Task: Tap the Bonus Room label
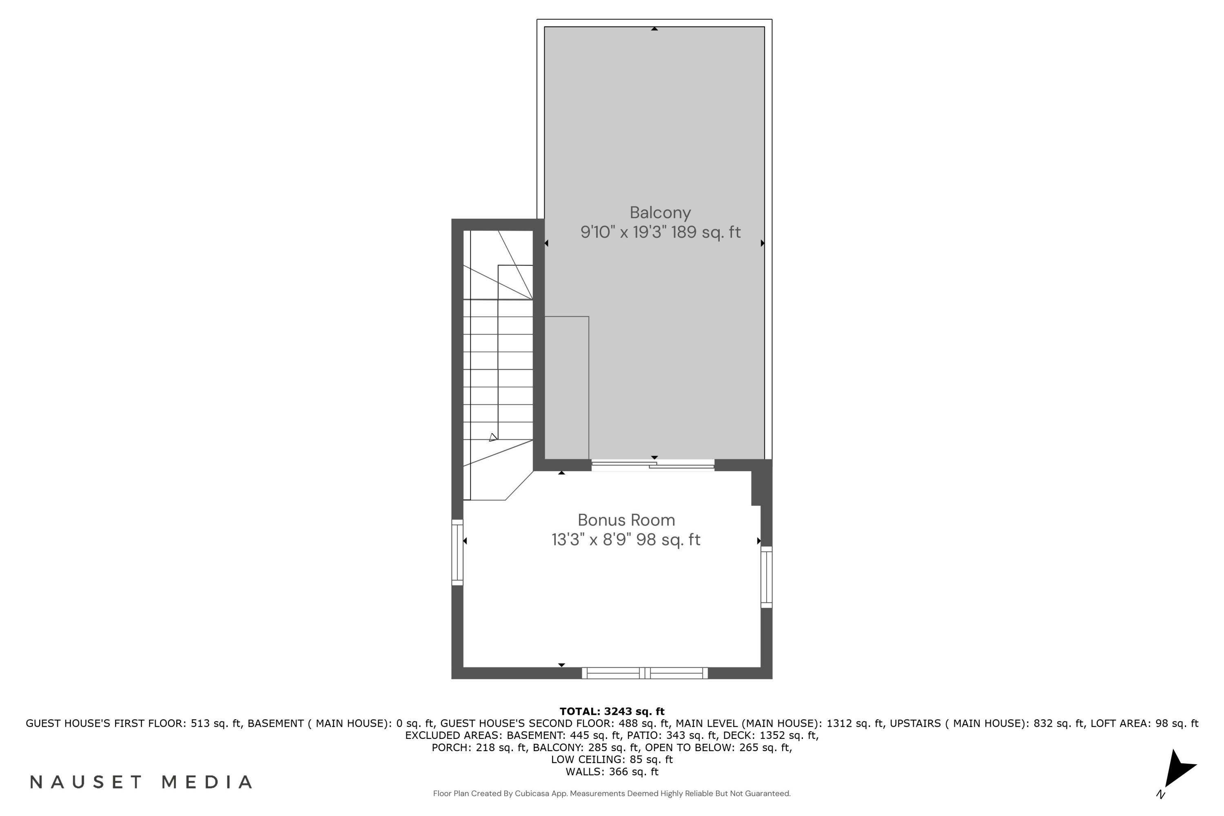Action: tap(626, 520)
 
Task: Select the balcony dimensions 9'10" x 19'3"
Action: tap(623, 232)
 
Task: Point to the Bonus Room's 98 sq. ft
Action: tap(668, 540)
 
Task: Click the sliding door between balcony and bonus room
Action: tap(652, 465)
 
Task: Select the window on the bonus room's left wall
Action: tap(457, 552)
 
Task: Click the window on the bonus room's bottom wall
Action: tap(644, 673)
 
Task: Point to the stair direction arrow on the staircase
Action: tap(493, 437)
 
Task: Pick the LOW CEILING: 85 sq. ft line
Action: tap(612, 759)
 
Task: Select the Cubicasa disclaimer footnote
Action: tap(612, 794)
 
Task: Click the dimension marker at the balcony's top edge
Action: tap(654, 29)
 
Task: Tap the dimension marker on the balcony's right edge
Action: tap(763, 243)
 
